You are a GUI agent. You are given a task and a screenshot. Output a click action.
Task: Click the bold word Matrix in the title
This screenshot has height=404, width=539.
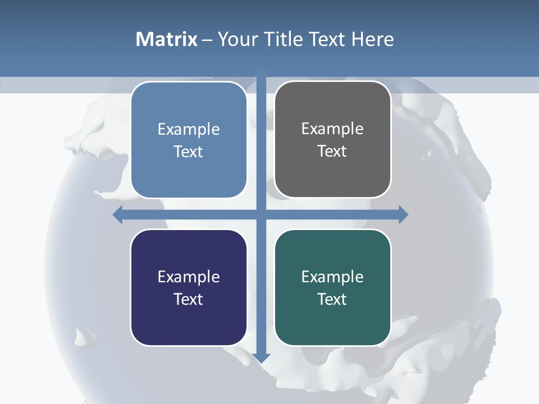167,39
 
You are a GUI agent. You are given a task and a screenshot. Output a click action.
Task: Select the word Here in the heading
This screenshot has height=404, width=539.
373,39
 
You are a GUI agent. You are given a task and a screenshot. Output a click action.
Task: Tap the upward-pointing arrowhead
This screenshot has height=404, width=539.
261,72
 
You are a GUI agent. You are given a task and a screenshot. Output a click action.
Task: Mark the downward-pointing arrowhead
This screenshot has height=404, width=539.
261,358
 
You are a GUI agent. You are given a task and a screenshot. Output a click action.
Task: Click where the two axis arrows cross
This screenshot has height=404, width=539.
261,214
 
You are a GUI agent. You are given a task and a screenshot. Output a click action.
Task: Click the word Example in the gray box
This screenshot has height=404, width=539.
332,129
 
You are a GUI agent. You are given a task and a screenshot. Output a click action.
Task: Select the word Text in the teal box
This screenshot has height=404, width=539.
332,299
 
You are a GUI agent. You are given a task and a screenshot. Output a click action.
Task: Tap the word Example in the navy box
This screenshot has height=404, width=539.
189,277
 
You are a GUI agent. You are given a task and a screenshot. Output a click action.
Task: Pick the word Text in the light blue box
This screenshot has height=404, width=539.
189,151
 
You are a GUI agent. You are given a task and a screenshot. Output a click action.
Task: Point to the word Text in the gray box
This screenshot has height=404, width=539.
332,151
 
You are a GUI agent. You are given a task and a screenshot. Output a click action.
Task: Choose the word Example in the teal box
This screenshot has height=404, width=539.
332,277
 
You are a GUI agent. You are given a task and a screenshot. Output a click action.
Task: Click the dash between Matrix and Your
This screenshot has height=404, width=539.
207,40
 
